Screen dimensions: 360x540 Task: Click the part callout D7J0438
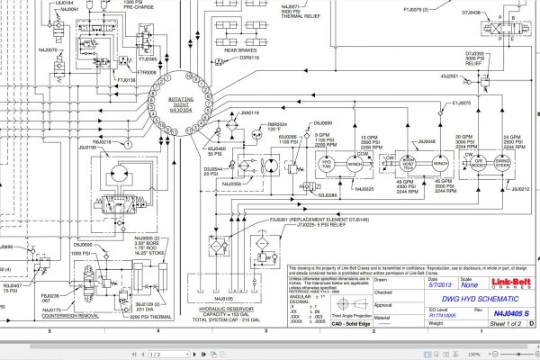(470, 13)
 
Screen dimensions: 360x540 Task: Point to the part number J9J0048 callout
(426, 141)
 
